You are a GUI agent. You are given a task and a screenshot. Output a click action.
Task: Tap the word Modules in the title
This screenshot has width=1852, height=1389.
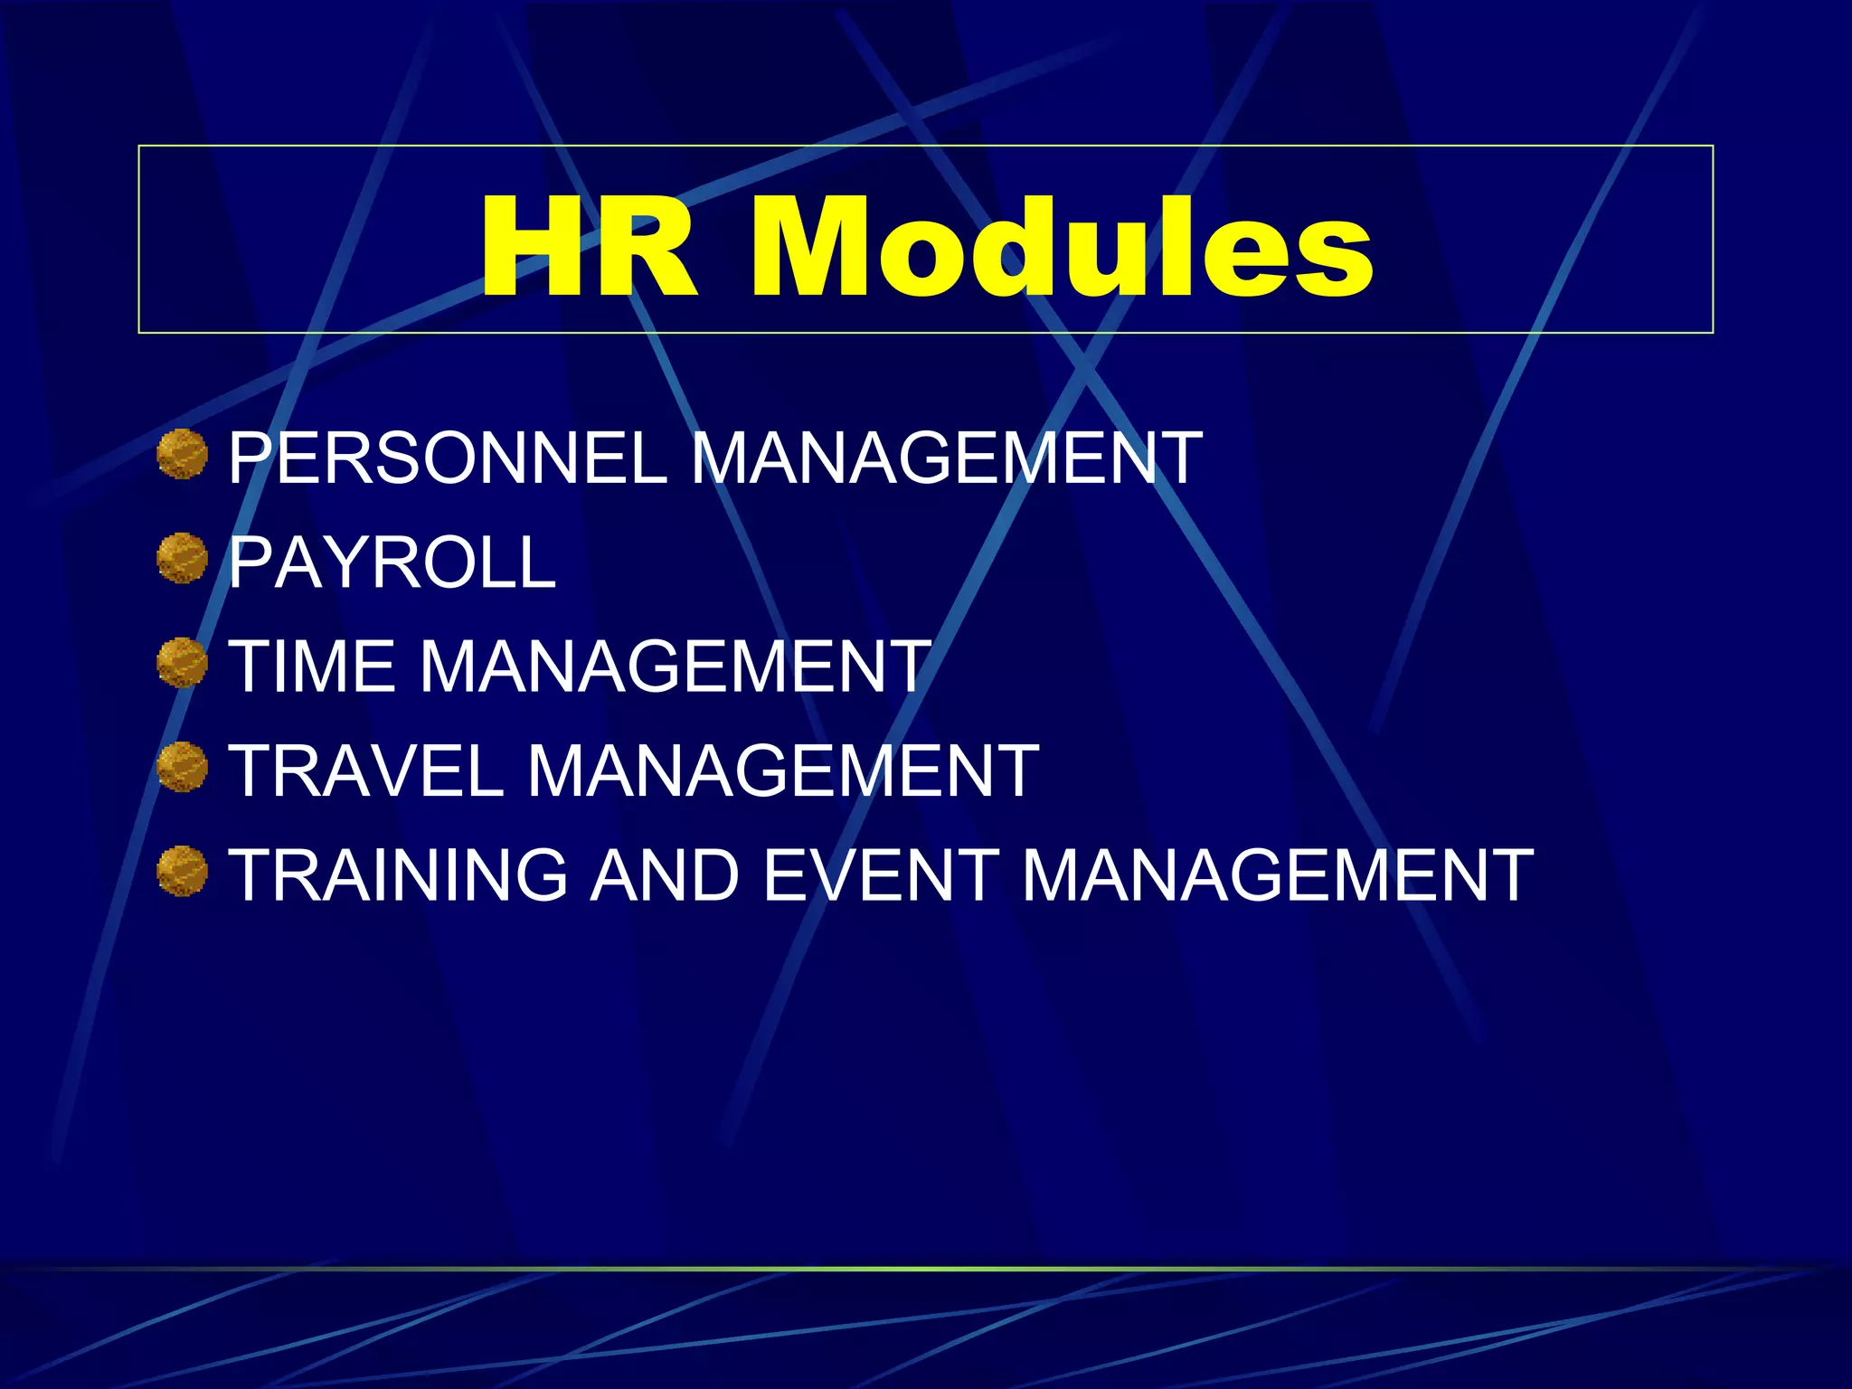[1062, 248]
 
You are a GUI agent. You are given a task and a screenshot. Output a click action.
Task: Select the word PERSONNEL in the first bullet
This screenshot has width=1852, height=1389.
[447, 458]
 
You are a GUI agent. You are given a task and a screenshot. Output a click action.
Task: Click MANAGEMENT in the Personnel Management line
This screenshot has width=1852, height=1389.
[946, 458]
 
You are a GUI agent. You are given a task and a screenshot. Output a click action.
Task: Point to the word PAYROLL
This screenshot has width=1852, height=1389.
[392, 562]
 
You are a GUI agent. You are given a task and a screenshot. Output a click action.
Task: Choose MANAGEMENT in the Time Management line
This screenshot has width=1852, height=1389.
[675, 666]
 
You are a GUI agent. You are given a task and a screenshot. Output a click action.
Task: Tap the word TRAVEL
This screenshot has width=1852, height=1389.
[365, 771]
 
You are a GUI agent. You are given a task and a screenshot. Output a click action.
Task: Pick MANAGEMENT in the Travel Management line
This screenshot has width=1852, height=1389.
[783, 771]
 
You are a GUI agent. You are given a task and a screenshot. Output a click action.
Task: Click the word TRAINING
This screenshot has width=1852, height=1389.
[398, 875]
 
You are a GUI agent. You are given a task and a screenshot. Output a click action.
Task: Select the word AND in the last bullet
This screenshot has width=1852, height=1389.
[665, 875]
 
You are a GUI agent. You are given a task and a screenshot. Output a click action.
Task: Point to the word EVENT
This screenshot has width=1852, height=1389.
[881, 875]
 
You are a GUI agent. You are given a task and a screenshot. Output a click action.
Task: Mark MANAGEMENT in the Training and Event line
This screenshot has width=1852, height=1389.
[1277, 875]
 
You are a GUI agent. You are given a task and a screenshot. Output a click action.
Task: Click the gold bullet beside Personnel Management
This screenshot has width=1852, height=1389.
[182, 454]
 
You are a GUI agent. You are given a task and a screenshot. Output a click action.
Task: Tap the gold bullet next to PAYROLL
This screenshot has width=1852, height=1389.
[182, 558]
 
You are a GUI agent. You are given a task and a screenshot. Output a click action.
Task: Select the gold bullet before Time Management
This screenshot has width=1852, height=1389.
[182, 663]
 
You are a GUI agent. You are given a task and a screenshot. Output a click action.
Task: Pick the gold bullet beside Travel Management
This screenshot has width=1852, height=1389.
[182, 767]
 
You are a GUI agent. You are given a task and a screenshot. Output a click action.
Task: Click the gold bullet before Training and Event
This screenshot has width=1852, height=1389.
[182, 872]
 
